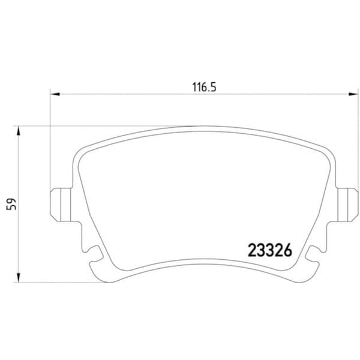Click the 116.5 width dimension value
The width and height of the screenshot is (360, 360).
[x=203, y=86]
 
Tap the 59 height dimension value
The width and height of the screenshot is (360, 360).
[x=10, y=205]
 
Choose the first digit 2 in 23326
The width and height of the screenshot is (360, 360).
[x=253, y=250]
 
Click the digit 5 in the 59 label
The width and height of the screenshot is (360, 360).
[x=10, y=208]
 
